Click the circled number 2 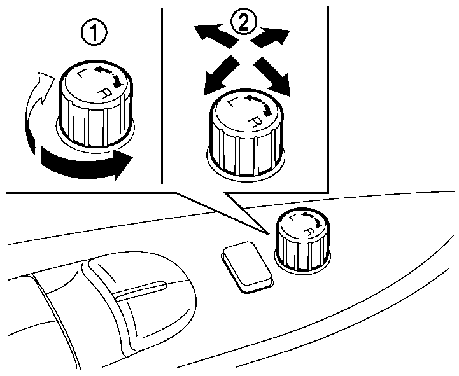[244, 22]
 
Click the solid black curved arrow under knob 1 [85, 164]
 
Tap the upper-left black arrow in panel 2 [216, 35]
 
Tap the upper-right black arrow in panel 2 [271, 36]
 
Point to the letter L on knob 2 [232, 102]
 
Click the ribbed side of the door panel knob [303, 253]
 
